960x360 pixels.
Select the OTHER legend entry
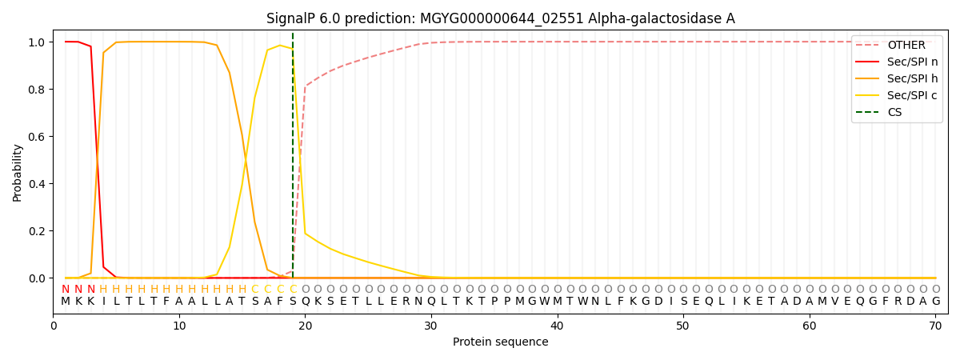tap(906, 45)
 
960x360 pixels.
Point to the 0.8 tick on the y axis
tap(37, 90)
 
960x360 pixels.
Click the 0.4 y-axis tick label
tap(37, 184)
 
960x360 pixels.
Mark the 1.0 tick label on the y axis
tap(37, 42)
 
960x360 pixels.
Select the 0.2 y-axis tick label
tap(37, 231)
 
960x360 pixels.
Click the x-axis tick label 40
tap(557, 326)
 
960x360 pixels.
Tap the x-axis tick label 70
tap(935, 326)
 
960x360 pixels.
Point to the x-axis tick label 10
tap(179, 326)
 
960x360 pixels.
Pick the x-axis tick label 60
tap(810, 326)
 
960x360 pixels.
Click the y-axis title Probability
tap(17, 173)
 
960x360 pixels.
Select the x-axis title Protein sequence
tap(501, 342)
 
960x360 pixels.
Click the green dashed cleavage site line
tap(293, 154)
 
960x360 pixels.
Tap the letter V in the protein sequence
tap(835, 302)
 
